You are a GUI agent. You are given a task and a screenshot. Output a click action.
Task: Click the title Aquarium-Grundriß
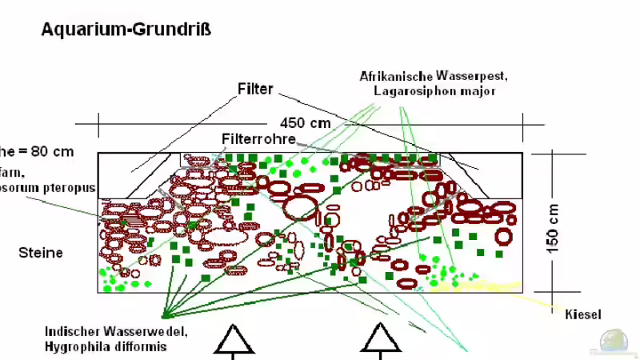[x=126, y=30]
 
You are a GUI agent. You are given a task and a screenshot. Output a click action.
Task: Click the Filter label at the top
[x=255, y=89]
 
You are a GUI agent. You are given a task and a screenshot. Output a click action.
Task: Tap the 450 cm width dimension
[x=305, y=123]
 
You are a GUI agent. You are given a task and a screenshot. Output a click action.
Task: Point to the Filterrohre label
[x=258, y=139]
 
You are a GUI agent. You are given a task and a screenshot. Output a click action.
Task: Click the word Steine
[x=40, y=253]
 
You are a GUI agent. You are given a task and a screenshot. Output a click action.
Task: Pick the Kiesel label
[x=582, y=314]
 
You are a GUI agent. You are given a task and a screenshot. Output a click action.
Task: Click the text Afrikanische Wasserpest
[x=434, y=76]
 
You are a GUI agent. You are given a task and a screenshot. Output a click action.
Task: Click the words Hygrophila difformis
[x=106, y=346]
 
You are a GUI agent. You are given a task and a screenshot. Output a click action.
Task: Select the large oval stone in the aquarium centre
[x=299, y=206]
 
